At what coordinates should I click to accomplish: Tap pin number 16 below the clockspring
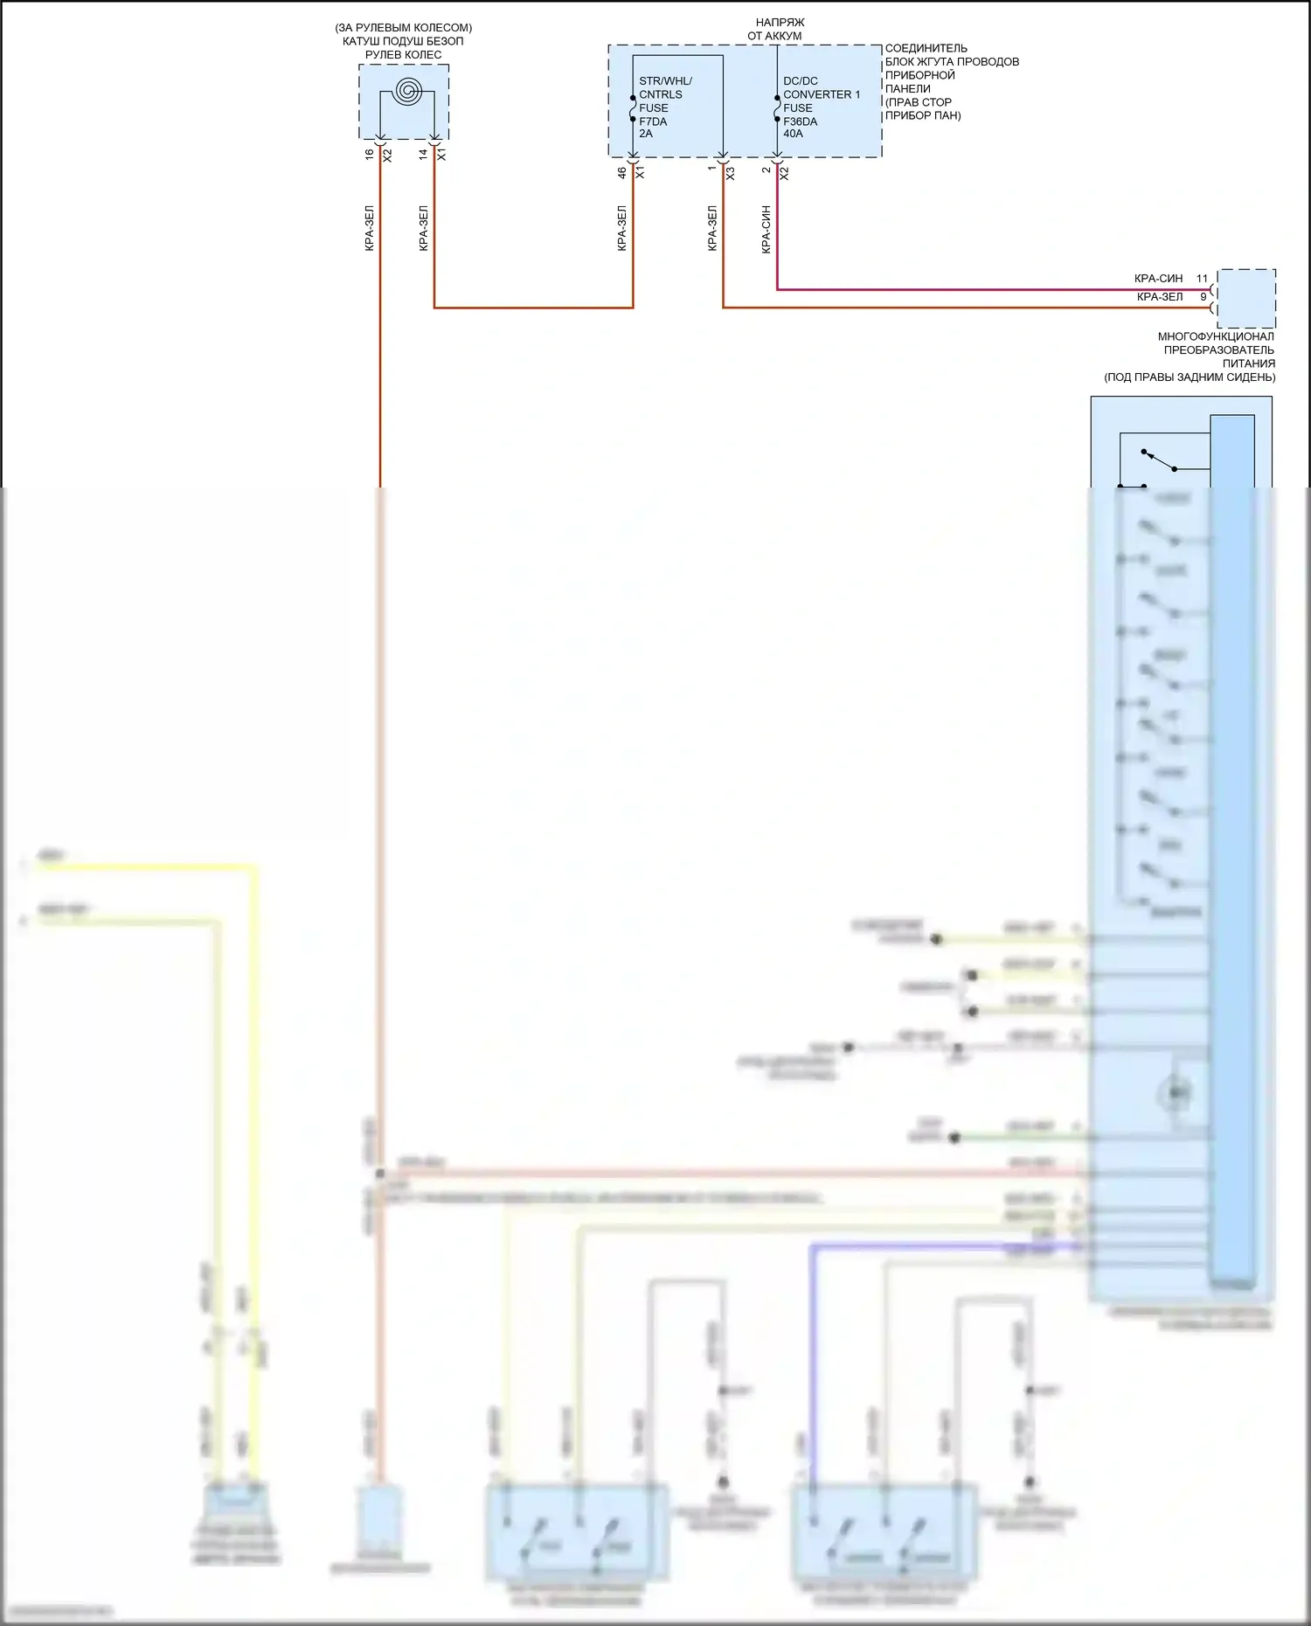click(x=370, y=154)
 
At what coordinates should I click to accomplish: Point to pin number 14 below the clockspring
click(x=424, y=154)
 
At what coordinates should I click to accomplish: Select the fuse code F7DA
click(x=653, y=121)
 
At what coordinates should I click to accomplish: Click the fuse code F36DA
click(x=801, y=121)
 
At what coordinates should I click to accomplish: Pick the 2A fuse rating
click(x=646, y=134)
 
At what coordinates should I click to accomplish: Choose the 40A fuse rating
click(x=794, y=134)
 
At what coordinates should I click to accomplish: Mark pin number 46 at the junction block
click(x=622, y=173)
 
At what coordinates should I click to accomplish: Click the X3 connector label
click(x=731, y=173)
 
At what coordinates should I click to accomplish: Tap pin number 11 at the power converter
click(x=1203, y=279)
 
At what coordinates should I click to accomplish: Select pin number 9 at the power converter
click(x=1203, y=297)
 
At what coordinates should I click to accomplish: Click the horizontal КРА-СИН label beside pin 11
click(x=1158, y=279)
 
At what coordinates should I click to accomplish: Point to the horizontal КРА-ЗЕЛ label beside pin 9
click(x=1160, y=297)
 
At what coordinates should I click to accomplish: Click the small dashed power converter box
click(x=1246, y=298)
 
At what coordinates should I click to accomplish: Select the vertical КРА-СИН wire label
click(x=766, y=230)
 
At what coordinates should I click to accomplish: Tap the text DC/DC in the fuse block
click(x=801, y=81)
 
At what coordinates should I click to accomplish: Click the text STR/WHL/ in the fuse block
click(x=665, y=81)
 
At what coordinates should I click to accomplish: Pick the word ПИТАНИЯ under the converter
click(x=1249, y=363)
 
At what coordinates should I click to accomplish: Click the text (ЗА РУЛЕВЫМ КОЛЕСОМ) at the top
click(x=404, y=28)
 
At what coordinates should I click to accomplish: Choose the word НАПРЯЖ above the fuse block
click(x=780, y=23)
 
